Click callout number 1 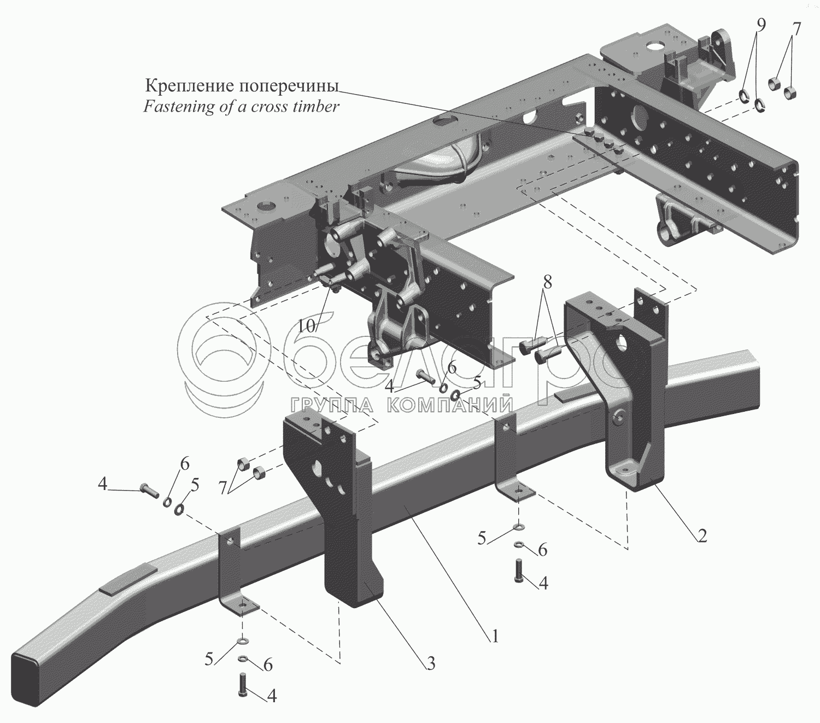(495, 637)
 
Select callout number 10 (307, 325)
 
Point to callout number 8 (547, 282)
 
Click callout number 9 (762, 26)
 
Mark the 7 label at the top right (796, 28)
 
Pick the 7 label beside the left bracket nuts (222, 489)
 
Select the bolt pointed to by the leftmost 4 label (149, 491)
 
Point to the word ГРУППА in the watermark (331, 405)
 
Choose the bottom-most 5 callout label (208, 659)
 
